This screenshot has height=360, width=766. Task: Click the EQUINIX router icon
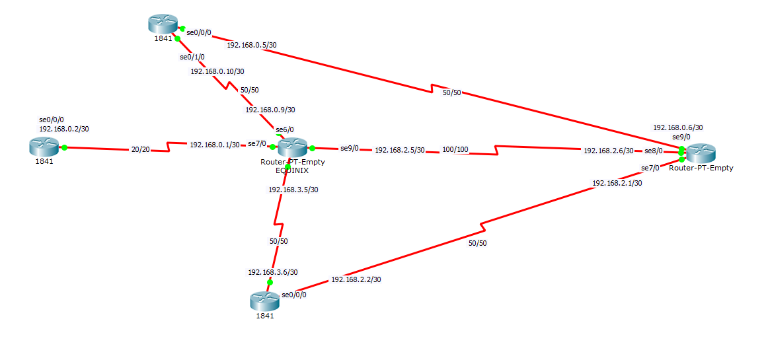tap(293, 147)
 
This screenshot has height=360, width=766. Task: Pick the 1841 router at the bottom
tap(264, 301)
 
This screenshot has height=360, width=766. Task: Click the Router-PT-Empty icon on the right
tap(701, 154)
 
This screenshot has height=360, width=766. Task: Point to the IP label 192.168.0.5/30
tap(252, 46)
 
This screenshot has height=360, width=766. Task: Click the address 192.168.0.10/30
tap(217, 71)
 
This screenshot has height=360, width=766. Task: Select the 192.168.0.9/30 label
tap(270, 110)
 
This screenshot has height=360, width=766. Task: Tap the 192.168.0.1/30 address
tap(215, 145)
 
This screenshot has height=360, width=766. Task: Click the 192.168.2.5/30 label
tap(400, 150)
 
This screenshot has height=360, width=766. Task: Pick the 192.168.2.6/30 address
tap(609, 151)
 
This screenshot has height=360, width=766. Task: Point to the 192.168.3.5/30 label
tap(293, 190)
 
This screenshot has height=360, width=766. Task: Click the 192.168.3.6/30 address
tap(273, 271)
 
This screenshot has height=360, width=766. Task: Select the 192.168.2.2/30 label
tap(356, 279)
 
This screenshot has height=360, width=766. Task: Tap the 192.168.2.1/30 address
tap(617, 183)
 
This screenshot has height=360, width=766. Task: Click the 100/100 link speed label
tap(455, 150)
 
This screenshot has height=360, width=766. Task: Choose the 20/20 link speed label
tap(139, 150)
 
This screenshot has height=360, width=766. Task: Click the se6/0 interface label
tap(285, 129)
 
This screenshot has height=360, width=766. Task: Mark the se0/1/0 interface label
tap(192, 57)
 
